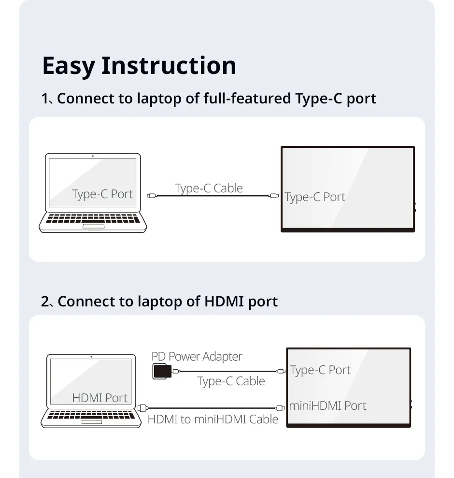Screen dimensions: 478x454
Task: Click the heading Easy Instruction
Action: [139, 66]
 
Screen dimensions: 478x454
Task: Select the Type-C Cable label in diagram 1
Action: [209, 188]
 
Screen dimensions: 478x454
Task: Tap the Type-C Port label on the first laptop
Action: [102, 194]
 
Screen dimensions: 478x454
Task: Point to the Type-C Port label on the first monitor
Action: [315, 197]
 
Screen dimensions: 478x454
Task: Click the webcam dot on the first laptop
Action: [92, 156]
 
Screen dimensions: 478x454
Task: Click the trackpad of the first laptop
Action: [93, 226]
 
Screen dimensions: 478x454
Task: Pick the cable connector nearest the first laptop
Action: [151, 196]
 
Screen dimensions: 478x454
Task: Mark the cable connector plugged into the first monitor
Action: [275, 196]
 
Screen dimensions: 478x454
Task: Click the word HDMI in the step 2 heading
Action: [224, 302]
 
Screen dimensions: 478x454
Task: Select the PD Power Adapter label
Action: [197, 357]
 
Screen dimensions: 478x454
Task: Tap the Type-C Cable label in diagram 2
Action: [231, 381]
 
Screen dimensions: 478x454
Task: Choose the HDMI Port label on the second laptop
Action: [100, 398]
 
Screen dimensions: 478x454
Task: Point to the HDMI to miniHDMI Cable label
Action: [213, 420]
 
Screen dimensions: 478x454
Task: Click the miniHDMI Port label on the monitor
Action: [327, 406]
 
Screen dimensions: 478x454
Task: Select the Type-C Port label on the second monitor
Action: [320, 370]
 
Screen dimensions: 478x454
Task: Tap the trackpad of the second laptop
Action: [92, 421]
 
